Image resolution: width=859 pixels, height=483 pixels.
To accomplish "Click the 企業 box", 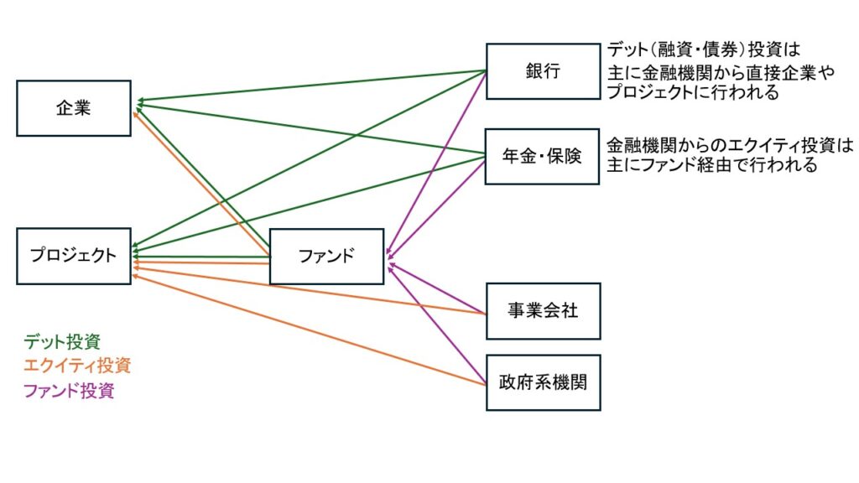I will tap(74, 108).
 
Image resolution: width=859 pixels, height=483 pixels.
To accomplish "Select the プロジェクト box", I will tap(74, 256).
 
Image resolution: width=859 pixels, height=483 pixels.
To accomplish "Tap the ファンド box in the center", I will tap(326, 257).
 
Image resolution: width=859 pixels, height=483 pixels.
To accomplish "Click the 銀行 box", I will tap(543, 71).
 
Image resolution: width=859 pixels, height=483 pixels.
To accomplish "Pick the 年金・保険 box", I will tap(543, 157).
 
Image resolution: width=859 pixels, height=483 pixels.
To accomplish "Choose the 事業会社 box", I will tap(543, 310).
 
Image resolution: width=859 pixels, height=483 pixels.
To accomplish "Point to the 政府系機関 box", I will tap(543, 382).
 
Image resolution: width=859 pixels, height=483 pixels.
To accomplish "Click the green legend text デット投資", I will tap(62, 341).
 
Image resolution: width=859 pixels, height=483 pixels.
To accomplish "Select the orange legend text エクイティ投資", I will tap(77, 366).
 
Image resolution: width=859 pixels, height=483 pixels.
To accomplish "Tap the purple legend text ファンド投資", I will tap(69, 390).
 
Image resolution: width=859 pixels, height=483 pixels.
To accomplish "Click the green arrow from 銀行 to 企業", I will tap(310, 86).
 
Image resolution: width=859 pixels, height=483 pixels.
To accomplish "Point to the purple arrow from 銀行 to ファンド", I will tap(436, 160).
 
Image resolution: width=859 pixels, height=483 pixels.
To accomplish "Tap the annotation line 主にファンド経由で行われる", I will tap(711, 165).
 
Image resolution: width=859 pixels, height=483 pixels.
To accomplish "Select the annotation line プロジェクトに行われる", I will tap(693, 92).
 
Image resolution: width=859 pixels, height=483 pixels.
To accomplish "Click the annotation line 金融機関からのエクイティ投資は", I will tap(730, 144).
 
